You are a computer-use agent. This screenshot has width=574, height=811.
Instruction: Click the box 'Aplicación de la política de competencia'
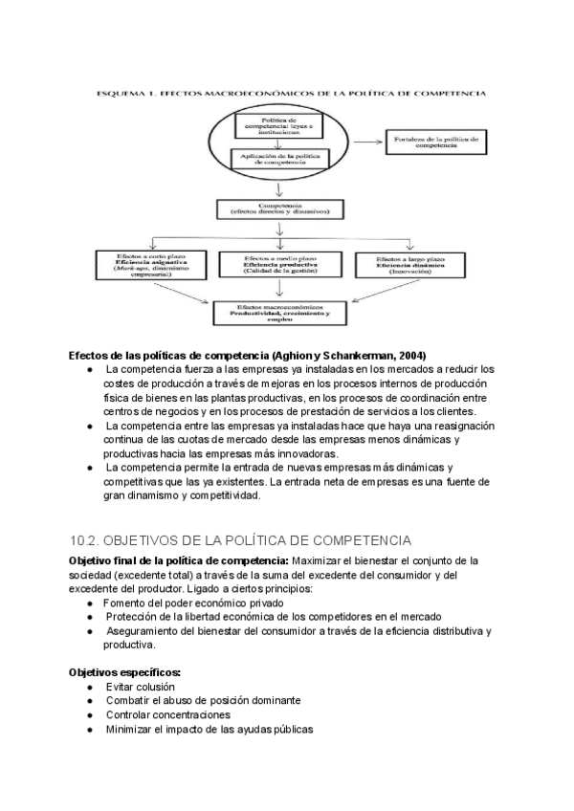[279, 159]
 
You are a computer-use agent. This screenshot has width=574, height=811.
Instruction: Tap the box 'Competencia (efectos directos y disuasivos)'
[279, 208]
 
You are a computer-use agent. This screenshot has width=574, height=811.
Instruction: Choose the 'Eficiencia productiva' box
[279, 265]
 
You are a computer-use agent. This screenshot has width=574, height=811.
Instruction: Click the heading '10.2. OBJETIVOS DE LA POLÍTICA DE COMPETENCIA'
[240, 540]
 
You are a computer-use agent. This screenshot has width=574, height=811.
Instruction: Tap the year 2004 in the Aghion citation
[410, 355]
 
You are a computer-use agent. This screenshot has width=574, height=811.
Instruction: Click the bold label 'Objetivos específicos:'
[125, 672]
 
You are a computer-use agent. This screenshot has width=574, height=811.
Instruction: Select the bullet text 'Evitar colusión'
[141, 687]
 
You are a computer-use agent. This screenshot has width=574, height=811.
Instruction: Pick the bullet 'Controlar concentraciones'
[168, 714]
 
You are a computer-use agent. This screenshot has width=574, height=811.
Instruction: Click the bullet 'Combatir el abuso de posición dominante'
[203, 701]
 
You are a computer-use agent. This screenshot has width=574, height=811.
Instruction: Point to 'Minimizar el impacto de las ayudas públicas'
[209, 729]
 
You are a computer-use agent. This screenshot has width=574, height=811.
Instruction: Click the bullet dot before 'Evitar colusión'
[89, 688]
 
